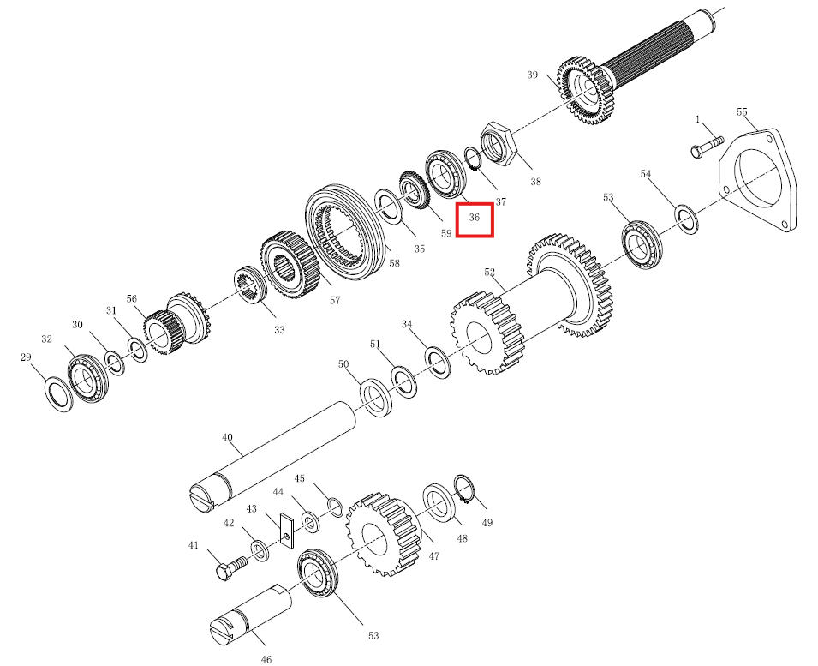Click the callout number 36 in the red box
475,217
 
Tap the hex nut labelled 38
497,143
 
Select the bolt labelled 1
708,147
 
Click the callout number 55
742,112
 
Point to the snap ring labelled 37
473,159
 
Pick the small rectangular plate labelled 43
286,530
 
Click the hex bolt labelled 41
230,568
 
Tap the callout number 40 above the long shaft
228,437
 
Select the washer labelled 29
58,393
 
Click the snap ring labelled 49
463,489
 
